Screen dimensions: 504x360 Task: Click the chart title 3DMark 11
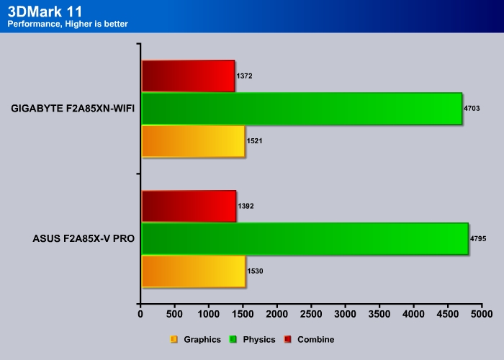point(45,12)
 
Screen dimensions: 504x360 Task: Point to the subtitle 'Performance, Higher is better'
point(68,24)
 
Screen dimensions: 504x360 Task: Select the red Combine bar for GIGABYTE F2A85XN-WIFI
point(188,76)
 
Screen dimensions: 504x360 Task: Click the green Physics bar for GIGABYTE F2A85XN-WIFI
point(302,108)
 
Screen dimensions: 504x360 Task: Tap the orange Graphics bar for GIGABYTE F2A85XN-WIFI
point(193,141)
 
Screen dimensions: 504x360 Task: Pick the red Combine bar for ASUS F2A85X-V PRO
point(189,206)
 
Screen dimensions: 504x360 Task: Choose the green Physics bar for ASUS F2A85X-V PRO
point(305,238)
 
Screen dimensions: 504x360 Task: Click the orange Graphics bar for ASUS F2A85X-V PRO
point(194,271)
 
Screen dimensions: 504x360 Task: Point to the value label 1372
point(244,76)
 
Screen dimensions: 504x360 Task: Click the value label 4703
point(472,108)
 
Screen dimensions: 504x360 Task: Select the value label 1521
point(255,141)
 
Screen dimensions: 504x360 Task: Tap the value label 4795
point(478,238)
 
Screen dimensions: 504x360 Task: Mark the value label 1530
point(255,271)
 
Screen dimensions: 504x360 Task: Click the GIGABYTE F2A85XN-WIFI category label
point(73,108)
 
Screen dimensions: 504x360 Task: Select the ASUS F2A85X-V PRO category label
point(84,238)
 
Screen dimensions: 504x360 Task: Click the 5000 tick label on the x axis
point(482,314)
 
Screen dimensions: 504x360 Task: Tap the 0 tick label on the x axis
point(140,314)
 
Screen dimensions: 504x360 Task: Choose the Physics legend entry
point(252,339)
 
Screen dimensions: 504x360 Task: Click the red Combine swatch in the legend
point(288,339)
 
